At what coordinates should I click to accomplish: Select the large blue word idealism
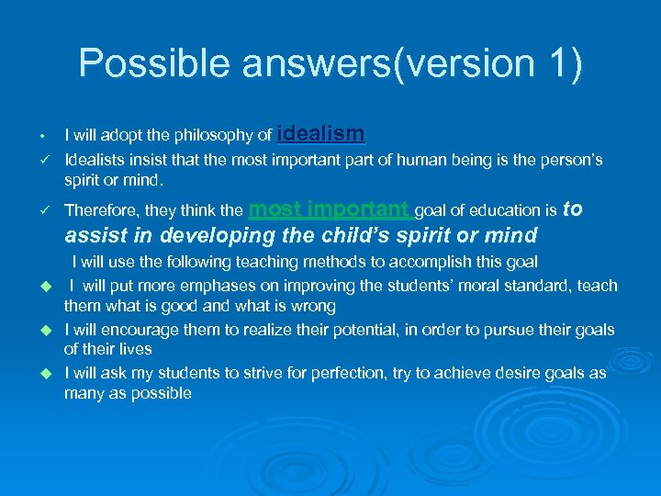320,133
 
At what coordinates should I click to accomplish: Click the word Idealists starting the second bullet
95,160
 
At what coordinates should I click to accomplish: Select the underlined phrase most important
330,209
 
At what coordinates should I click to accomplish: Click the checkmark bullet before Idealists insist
42,160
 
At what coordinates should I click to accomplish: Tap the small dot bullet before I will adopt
42,136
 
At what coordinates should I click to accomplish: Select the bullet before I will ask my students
42,373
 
